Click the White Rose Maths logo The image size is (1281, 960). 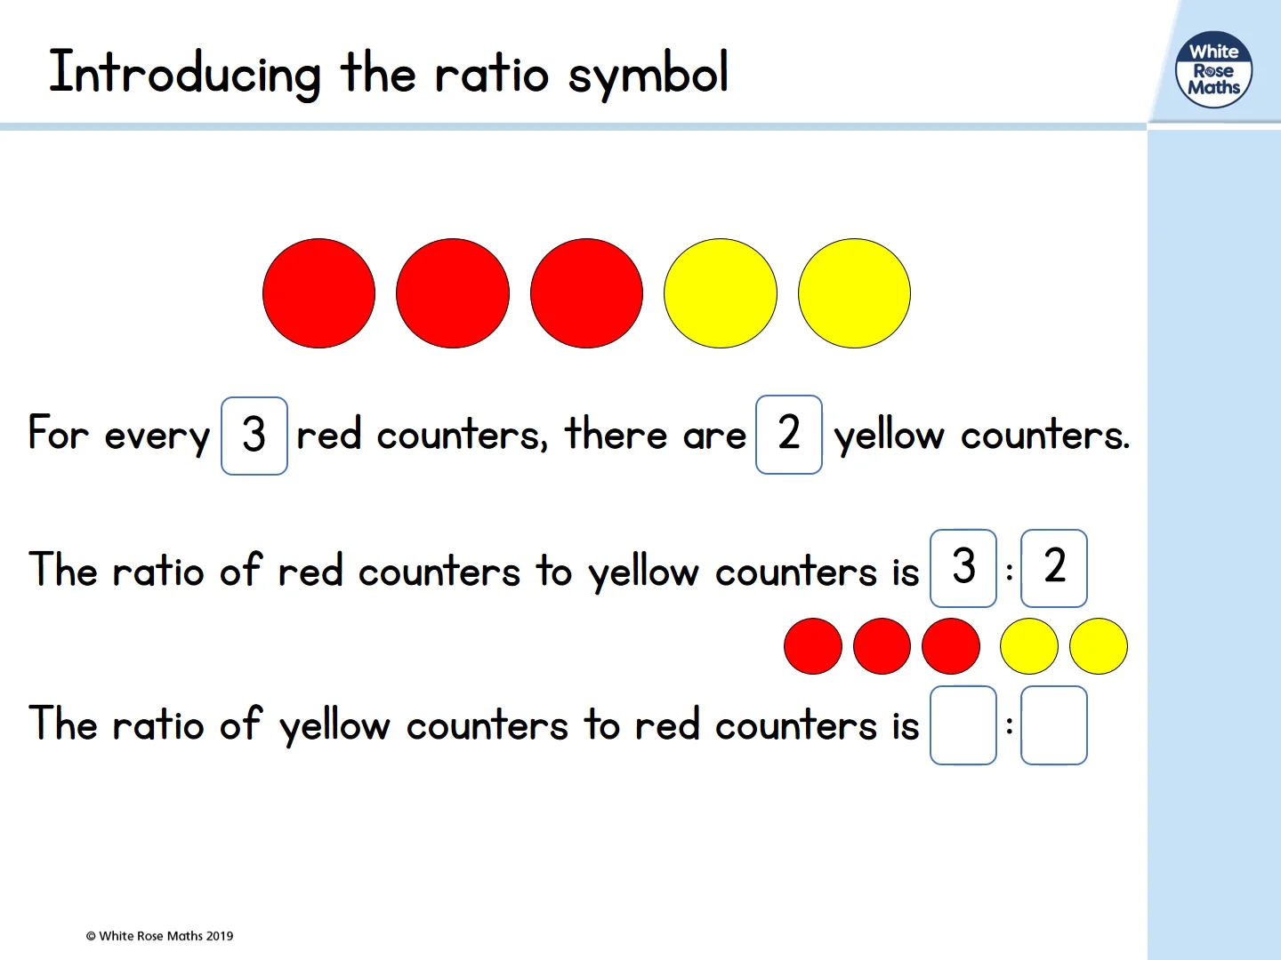1213,70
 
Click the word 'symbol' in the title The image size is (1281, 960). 649,75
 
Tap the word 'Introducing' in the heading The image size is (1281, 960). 184,73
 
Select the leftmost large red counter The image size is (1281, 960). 318,293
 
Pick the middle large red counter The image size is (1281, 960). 453,293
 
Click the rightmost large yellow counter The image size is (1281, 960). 854,293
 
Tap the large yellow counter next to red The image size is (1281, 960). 721,293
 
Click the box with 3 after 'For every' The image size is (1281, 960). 254,436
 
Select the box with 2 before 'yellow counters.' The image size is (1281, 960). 789,435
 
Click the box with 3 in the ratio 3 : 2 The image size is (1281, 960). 963,568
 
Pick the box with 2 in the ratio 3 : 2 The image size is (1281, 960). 1054,568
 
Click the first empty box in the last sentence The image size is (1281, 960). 963,725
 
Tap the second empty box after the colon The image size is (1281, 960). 1054,725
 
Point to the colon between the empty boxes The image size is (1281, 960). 1010,726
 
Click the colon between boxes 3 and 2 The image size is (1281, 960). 1010,572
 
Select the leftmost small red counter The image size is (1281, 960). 813,646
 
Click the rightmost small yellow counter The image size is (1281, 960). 1099,646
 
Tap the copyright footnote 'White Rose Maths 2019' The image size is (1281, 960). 160,936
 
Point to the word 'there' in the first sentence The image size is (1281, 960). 616,435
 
